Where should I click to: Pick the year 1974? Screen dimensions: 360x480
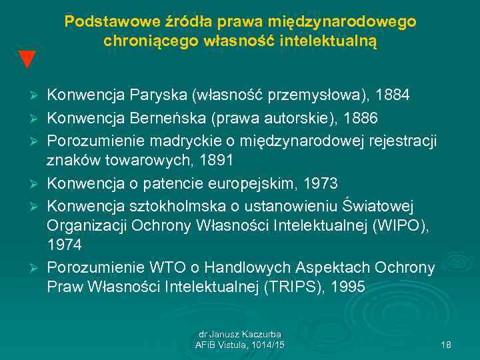point(65,245)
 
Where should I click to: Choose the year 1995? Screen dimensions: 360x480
point(346,287)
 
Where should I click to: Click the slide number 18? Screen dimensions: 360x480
point(446,345)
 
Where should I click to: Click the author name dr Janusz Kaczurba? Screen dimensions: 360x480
point(240,334)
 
